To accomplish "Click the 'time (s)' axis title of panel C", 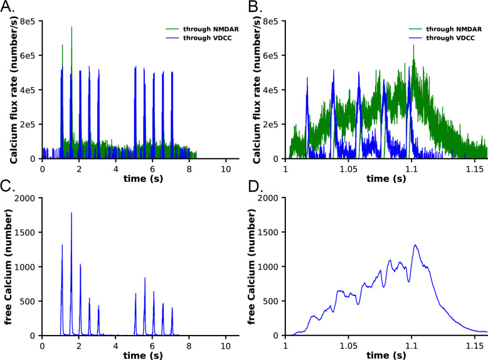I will click(132, 355).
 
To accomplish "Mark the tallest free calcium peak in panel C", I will click(71, 213).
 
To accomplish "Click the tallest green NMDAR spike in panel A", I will click(72, 28).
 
